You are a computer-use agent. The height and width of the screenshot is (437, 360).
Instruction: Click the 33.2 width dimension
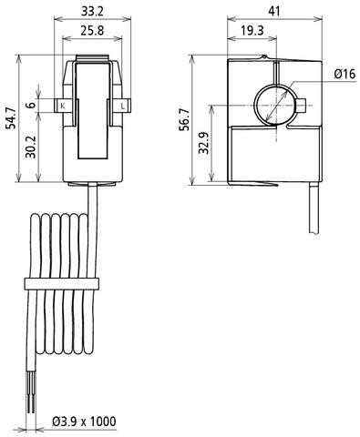[x=92, y=12]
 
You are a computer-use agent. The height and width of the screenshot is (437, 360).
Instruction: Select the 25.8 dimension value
[x=92, y=30]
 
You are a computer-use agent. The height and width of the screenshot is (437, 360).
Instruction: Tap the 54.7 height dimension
[x=12, y=118]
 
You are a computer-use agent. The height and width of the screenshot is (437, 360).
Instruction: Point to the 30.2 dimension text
[x=31, y=147]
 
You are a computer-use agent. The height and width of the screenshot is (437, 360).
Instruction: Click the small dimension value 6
[x=31, y=106]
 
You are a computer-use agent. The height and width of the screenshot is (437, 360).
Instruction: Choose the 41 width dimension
[x=273, y=12]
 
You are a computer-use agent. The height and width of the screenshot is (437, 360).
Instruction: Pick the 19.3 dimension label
[x=252, y=30]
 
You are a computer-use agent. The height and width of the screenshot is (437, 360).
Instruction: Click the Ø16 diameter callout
[x=345, y=74]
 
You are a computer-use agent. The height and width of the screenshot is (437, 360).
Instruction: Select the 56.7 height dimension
[x=184, y=119]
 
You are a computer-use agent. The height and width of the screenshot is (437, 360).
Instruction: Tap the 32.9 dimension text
[x=204, y=143]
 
